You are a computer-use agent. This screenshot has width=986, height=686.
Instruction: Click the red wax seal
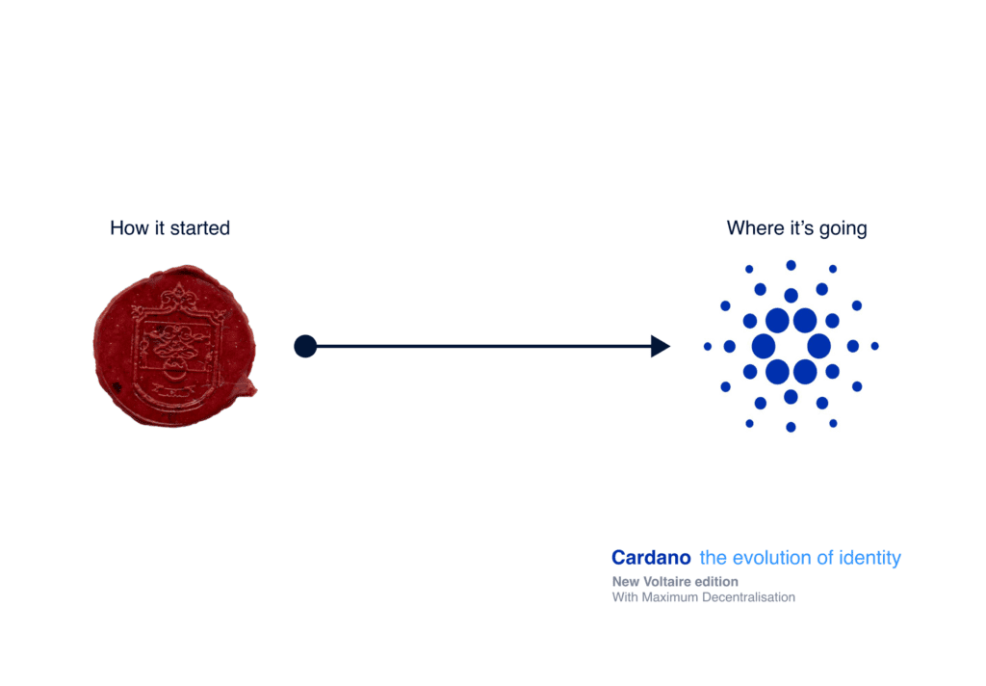tap(175, 346)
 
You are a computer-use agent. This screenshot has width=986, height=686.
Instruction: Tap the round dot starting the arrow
tap(305, 346)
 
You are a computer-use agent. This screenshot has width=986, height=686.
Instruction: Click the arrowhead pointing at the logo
tap(661, 346)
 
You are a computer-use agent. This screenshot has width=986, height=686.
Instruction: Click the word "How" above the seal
tap(130, 227)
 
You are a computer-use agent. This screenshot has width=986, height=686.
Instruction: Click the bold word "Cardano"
tap(652, 558)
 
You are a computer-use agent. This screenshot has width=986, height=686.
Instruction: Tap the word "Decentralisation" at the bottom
tap(748, 597)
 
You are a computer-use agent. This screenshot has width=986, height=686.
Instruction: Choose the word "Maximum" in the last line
tap(670, 597)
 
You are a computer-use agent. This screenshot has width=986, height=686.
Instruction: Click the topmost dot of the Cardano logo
tap(791, 266)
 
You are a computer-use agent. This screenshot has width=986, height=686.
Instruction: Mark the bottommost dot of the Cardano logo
tap(791, 428)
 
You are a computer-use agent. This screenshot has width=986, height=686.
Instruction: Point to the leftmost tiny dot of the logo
tap(708, 346)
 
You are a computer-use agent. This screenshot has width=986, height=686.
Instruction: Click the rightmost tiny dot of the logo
tap(874, 346)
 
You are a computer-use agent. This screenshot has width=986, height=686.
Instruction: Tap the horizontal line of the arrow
tap(483, 346)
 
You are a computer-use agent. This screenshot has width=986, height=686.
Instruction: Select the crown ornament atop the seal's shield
tap(179, 296)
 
